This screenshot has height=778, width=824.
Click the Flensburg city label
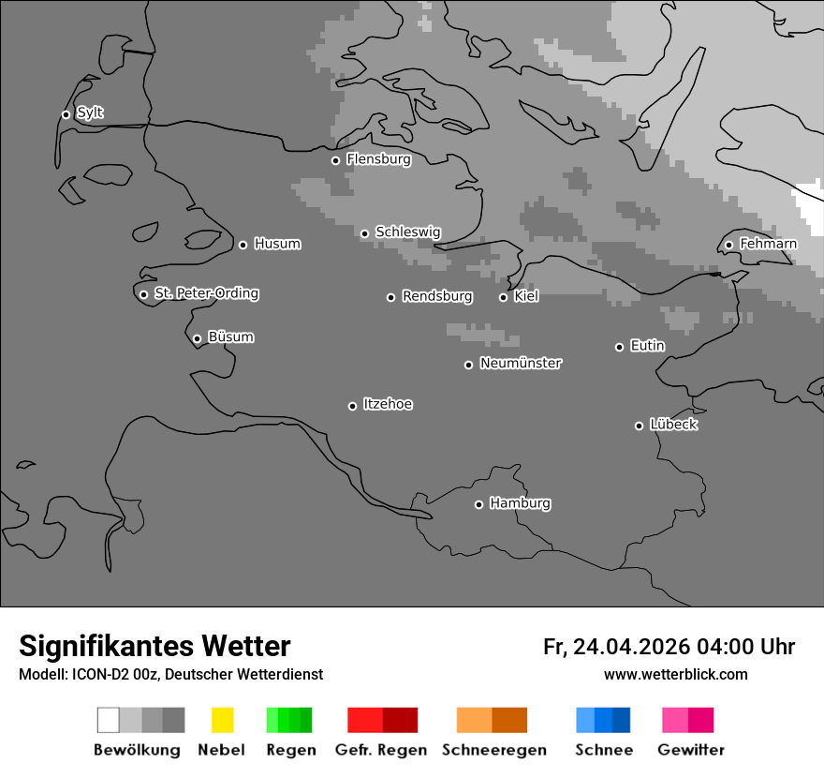378,159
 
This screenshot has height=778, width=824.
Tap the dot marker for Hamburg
478,504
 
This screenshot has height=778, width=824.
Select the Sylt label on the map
90,113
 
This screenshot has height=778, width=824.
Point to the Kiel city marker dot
503,297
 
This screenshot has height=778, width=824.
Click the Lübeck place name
673,425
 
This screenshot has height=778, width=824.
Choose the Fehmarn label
768,244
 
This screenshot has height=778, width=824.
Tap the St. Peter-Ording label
206,293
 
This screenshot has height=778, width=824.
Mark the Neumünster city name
521,363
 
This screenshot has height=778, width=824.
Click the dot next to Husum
243,245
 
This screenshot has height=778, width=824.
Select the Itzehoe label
388,404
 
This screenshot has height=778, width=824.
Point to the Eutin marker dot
619,347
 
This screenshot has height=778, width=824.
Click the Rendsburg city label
437,296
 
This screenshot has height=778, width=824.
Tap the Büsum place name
230,337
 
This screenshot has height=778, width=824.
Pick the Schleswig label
407,232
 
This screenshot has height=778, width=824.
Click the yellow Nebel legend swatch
222,720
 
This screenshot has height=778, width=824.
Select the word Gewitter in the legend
691,750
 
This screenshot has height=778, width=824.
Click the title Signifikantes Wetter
154,646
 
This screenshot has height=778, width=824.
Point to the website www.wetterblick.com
675,674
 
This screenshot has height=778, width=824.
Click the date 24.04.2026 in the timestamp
631,647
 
